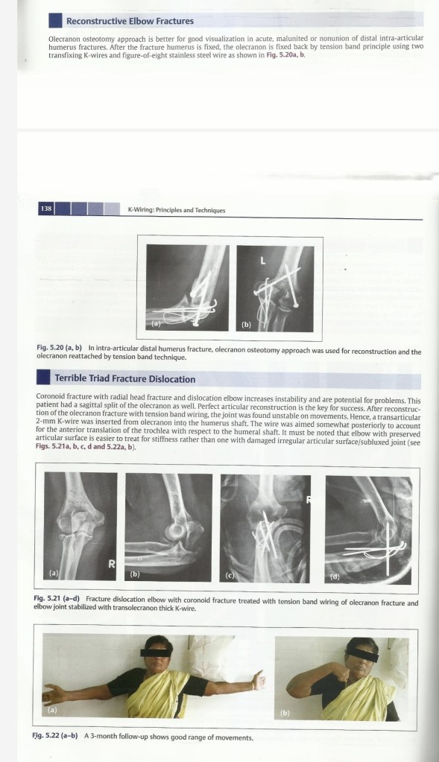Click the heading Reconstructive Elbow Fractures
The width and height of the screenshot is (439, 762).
coord(130,22)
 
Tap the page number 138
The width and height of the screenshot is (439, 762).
coord(46,209)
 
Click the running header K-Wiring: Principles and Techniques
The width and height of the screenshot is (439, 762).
coord(177,210)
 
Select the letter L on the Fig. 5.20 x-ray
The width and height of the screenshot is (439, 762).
coord(263,261)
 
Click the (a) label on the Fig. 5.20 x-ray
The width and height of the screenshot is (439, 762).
coord(155,324)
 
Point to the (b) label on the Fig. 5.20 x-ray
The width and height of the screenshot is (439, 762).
coord(247,324)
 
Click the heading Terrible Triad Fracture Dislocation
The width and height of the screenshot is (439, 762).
coord(125,379)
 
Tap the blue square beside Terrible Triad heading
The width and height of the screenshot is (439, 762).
coord(43,378)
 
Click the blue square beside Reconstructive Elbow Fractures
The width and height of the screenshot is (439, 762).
coord(55,20)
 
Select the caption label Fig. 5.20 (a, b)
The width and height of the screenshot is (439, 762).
coord(59,349)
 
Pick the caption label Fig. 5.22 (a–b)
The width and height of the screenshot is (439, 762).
coord(55,737)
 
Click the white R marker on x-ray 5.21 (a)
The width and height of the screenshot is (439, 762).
coord(111,564)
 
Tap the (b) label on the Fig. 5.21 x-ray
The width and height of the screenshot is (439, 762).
coord(135,574)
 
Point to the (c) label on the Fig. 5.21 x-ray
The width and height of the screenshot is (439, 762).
coord(230,575)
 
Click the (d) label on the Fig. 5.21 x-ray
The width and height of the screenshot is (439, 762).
coord(335,577)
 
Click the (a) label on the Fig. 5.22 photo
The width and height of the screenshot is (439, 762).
coord(52,710)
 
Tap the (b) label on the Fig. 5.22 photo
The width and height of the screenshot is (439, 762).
coord(285,713)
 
